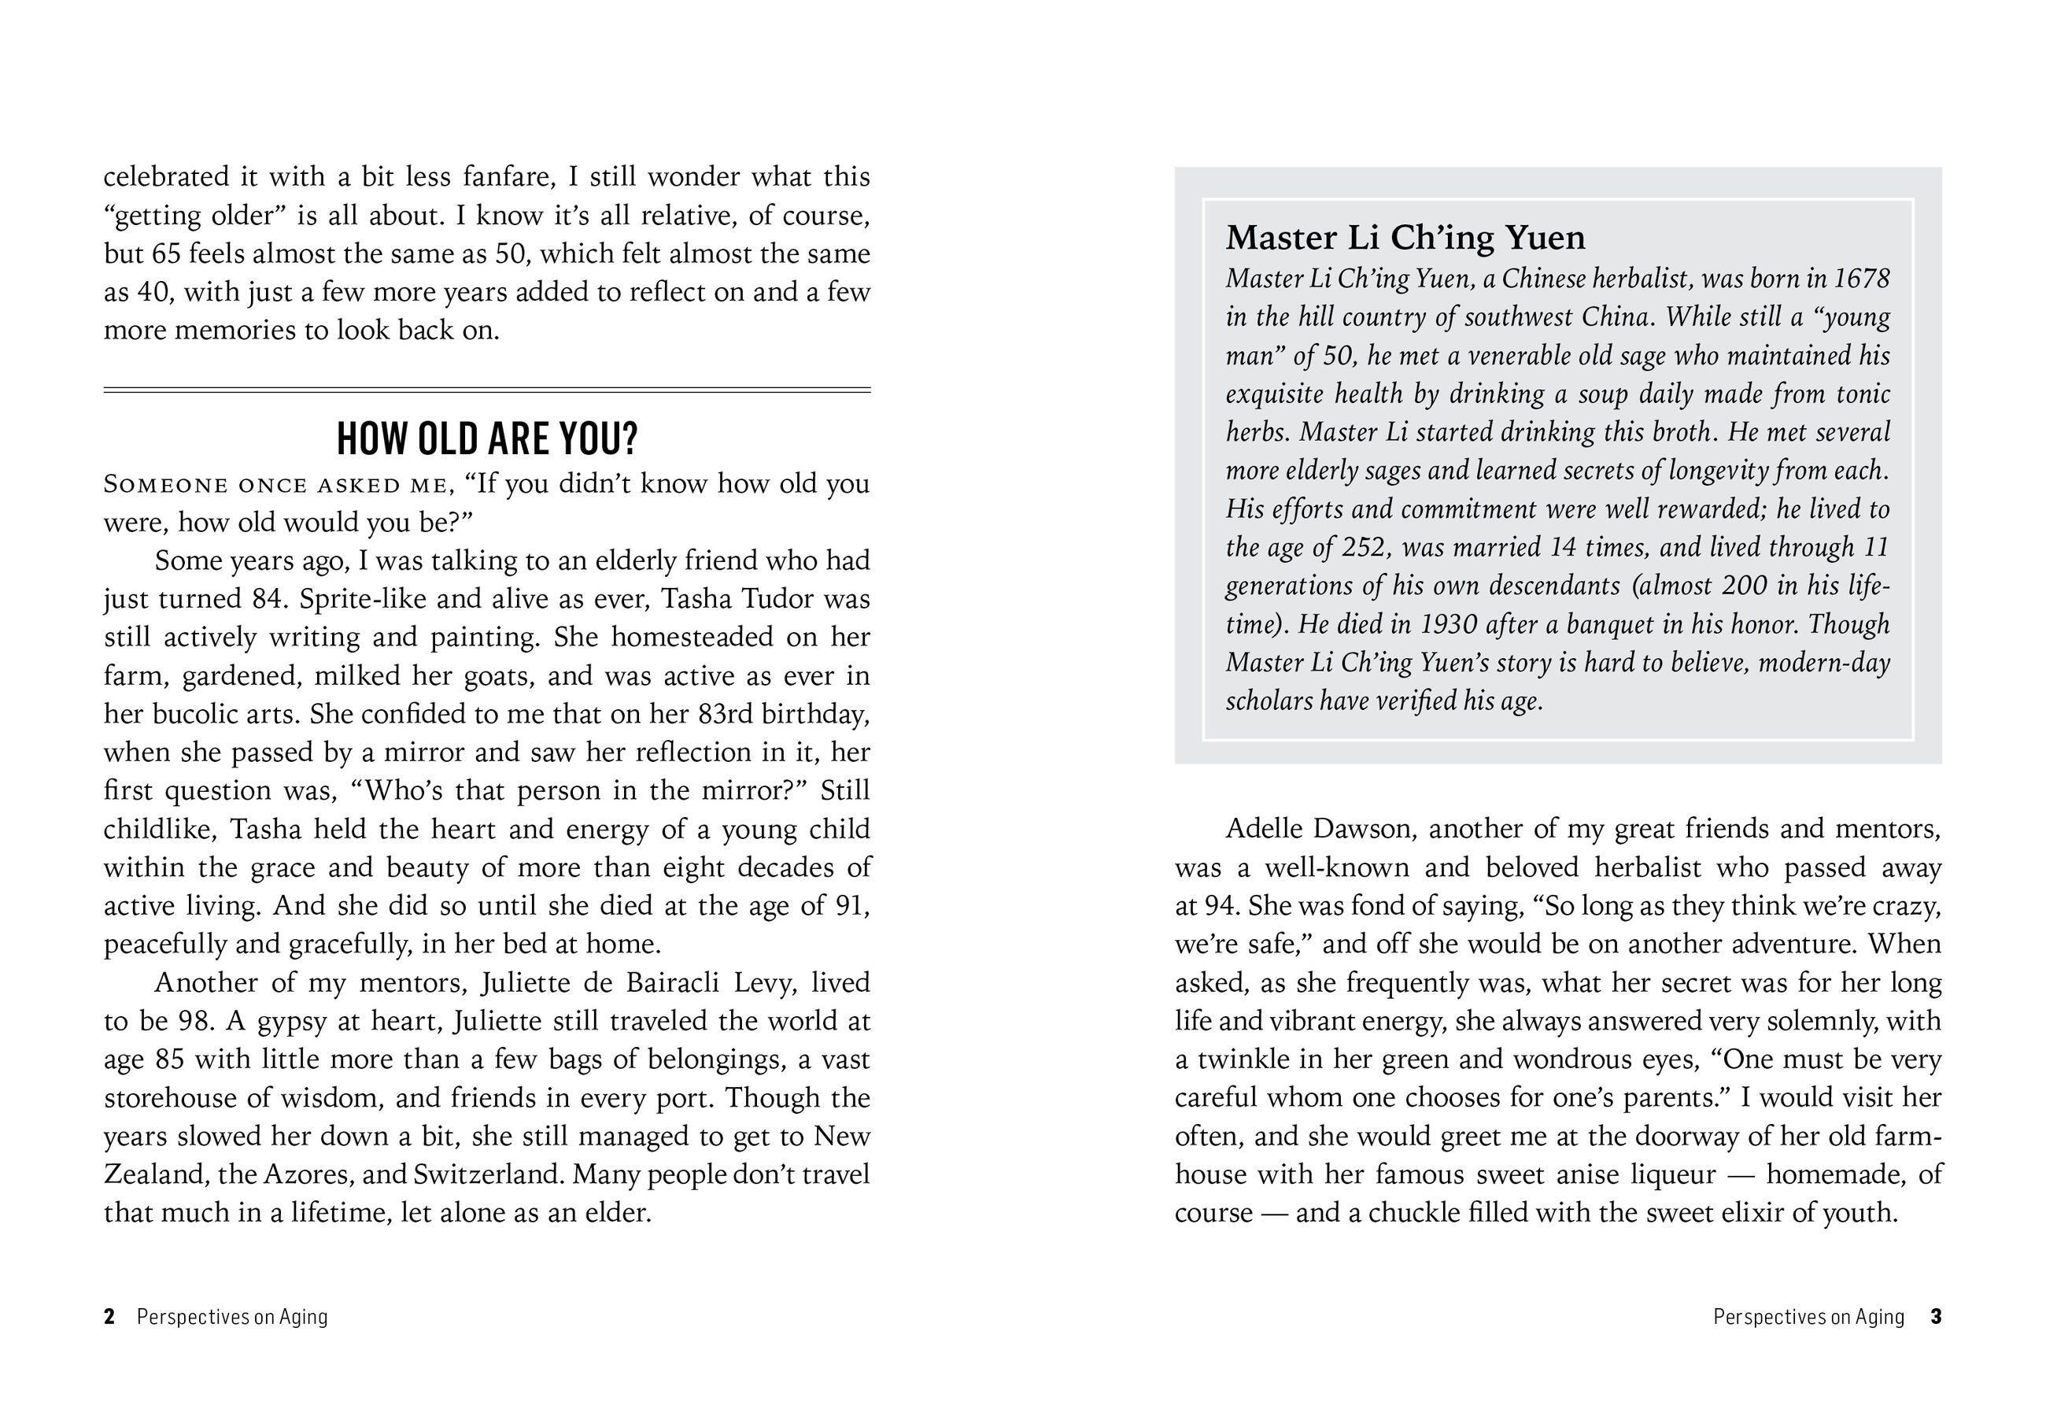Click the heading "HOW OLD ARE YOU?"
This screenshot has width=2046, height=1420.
(x=486, y=438)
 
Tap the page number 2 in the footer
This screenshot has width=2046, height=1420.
(x=109, y=1317)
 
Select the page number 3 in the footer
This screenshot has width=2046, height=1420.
(x=1936, y=1317)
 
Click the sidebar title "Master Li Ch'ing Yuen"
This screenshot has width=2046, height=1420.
(x=1405, y=238)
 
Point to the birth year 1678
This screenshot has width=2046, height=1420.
(x=1861, y=279)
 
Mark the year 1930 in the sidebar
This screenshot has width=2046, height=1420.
(x=1448, y=623)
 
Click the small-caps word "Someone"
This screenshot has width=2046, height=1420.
(x=164, y=485)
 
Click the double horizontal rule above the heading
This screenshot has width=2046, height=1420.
(x=486, y=390)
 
